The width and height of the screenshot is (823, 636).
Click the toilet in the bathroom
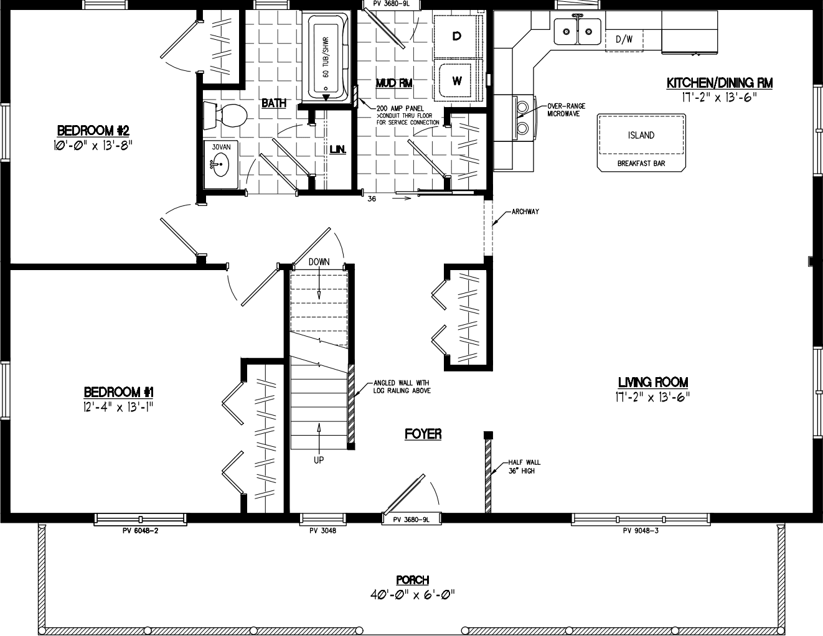pyautogui.click(x=228, y=115)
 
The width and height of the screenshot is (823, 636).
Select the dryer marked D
pyautogui.click(x=456, y=36)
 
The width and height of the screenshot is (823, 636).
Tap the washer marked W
pyautogui.click(x=456, y=81)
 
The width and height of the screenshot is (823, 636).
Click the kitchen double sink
pyautogui.click(x=578, y=29)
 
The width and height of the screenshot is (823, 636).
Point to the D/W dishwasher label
pyautogui.click(x=624, y=39)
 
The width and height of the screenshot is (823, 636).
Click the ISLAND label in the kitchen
pyautogui.click(x=641, y=135)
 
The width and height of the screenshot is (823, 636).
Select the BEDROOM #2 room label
pyautogui.click(x=93, y=131)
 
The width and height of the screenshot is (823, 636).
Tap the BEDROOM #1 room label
pyautogui.click(x=118, y=392)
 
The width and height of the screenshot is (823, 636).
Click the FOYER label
pyautogui.click(x=423, y=434)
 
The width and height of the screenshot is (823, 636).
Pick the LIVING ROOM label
pyautogui.click(x=652, y=382)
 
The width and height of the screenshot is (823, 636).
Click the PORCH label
pyautogui.click(x=412, y=580)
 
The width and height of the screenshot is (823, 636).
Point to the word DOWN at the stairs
pyautogui.click(x=319, y=262)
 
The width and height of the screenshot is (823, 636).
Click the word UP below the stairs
pyautogui.click(x=319, y=461)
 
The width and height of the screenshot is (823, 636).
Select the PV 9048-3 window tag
pyautogui.click(x=641, y=531)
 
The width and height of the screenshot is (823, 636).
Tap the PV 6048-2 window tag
pyautogui.click(x=140, y=531)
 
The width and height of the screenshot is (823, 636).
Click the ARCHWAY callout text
pyautogui.click(x=525, y=212)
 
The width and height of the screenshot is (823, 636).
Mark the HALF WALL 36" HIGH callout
pyautogui.click(x=524, y=466)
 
